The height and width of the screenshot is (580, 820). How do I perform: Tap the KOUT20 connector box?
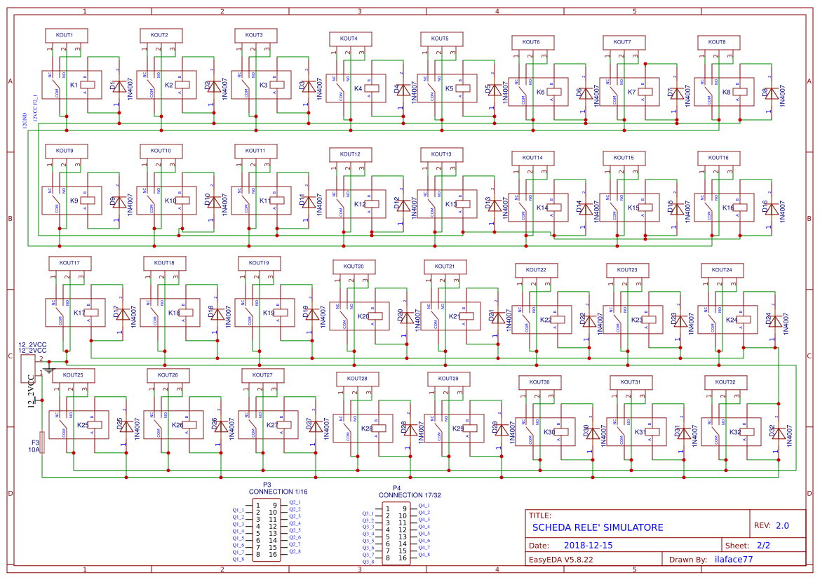[x=354, y=267]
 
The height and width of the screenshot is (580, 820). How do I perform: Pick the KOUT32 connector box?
[x=725, y=382]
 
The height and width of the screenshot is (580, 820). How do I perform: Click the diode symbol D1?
[x=119, y=86]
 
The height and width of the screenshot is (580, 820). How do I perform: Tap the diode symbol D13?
[x=495, y=205]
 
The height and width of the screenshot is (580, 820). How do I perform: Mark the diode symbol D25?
[x=126, y=426]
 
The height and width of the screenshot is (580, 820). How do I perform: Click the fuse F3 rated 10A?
[x=43, y=443]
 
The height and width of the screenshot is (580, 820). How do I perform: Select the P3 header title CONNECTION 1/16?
[x=278, y=492]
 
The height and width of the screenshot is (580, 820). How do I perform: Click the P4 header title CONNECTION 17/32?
[x=411, y=495]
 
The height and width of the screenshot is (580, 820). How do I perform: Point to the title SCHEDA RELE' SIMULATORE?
[x=597, y=527]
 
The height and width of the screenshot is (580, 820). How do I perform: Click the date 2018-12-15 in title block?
[x=588, y=545]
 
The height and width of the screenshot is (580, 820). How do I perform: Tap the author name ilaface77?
[x=733, y=560]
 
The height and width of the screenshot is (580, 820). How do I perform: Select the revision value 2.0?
[x=781, y=525]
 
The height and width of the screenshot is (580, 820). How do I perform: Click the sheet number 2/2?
[x=763, y=545]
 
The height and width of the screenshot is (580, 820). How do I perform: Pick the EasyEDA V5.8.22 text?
[x=560, y=560]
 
